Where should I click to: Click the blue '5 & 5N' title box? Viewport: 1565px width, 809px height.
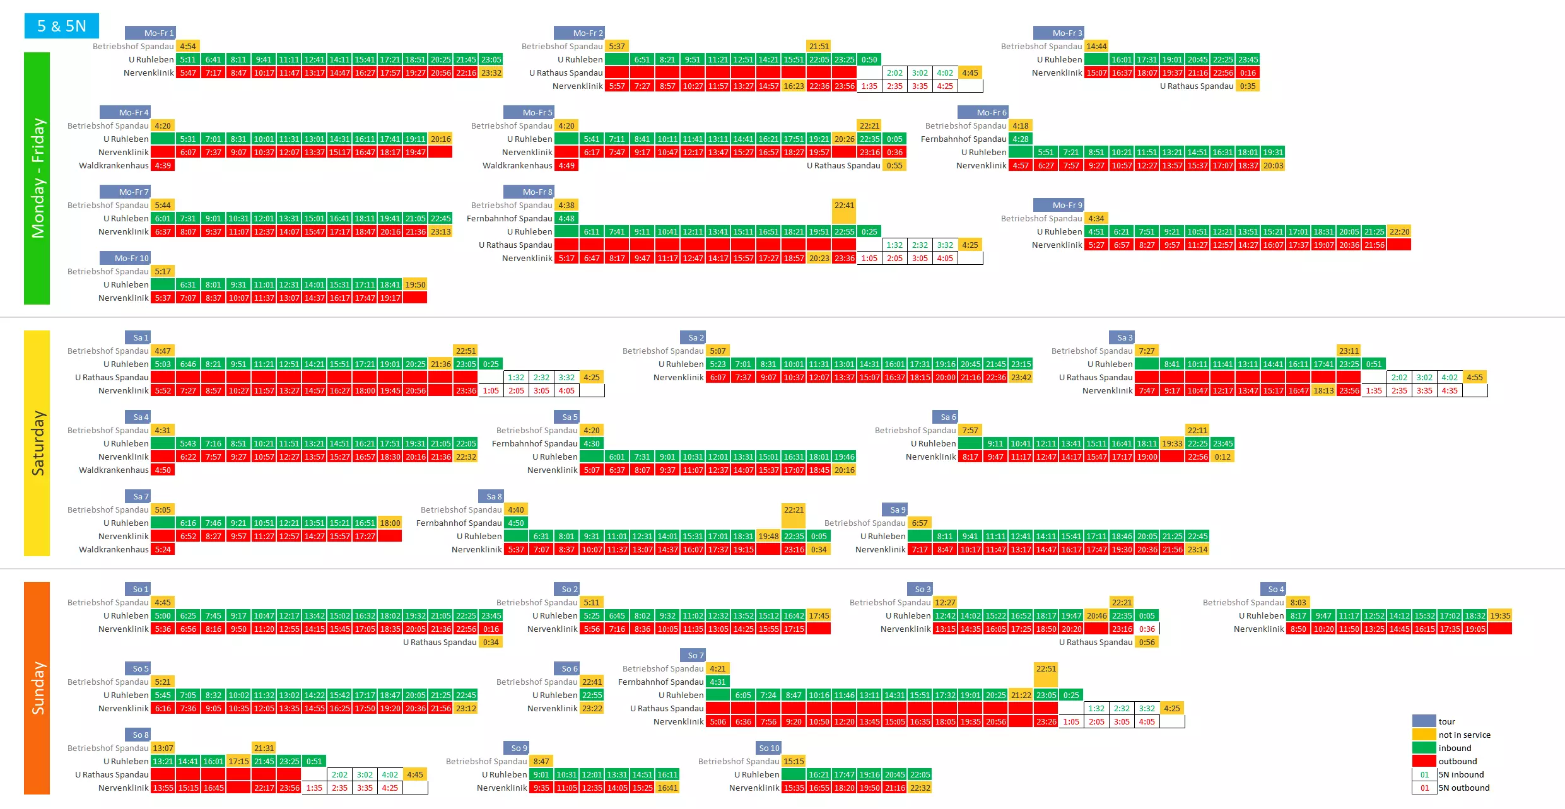[61, 26]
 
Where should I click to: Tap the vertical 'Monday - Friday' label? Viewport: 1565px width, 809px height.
[37, 178]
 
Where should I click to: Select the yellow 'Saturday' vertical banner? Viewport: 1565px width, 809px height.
[37, 443]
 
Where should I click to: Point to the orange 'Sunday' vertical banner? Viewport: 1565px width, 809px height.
[37, 687]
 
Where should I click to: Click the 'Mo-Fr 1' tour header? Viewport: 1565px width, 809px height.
[150, 33]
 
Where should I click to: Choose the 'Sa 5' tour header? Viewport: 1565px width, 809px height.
[566, 417]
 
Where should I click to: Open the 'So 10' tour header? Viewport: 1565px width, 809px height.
[768, 748]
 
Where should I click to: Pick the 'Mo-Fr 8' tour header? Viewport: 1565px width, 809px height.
[529, 192]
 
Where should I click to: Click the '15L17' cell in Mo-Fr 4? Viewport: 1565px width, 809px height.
[339, 152]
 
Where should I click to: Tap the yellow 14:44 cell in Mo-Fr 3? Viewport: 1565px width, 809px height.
[1096, 46]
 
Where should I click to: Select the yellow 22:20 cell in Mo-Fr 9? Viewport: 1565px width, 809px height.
[1399, 231]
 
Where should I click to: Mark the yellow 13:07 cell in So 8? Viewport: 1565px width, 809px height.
[163, 748]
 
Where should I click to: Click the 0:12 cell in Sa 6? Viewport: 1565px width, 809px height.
[1222, 457]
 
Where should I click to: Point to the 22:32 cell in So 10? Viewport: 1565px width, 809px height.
[920, 788]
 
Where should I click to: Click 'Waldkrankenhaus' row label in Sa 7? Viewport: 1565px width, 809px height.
[114, 549]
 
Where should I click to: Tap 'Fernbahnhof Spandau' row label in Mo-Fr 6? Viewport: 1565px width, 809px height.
[963, 139]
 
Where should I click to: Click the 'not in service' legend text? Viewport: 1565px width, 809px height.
[1464, 735]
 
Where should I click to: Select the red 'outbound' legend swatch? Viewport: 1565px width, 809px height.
[1424, 761]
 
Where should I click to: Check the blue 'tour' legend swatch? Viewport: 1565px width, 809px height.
[1424, 721]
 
